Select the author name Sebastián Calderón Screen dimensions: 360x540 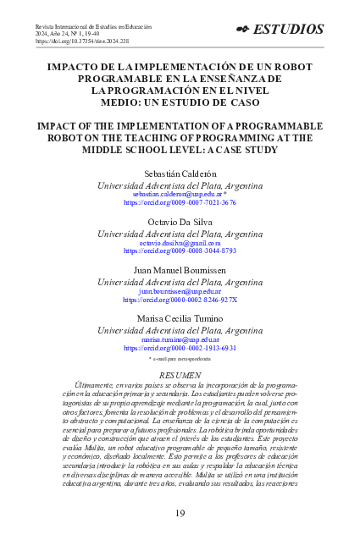180,173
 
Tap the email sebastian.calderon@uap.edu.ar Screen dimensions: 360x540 177,194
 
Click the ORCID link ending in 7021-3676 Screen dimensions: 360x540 180,203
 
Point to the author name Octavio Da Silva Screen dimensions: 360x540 180,221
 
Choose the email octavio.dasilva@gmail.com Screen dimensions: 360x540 180,242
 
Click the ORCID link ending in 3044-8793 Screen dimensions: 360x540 180,251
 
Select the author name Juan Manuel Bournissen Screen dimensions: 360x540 180,269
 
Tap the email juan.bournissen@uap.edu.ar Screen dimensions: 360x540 180,290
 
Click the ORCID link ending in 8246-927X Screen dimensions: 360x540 180,300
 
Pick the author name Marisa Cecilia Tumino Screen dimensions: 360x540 180,317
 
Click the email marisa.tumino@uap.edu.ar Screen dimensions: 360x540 180,339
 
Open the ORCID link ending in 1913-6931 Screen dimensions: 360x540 180,348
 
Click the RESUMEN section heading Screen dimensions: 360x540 180,374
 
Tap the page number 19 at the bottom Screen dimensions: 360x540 180,513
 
